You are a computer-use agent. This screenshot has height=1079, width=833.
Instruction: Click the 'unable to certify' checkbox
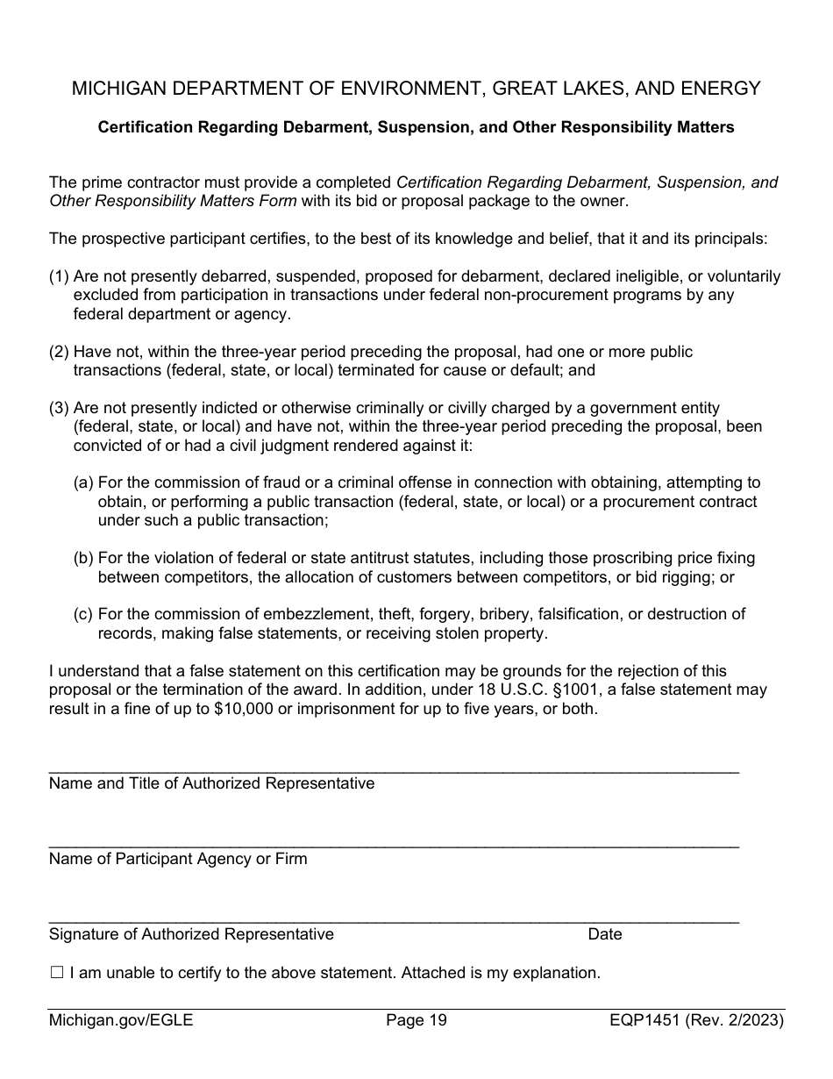coord(57,973)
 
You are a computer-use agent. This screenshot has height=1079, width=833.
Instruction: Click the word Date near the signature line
coord(605,934)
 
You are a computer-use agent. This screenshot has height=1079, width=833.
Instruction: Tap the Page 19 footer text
coord(416,1020)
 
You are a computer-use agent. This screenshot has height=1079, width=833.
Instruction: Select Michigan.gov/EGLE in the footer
coord(121,1020)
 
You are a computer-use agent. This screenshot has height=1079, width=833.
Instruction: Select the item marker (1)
coord(59,276)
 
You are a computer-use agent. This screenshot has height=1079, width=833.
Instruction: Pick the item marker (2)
coord(59,352)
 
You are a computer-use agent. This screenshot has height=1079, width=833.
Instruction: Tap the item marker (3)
coord(59,408)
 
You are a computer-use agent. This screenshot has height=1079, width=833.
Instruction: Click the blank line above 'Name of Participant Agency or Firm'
coord(394,846)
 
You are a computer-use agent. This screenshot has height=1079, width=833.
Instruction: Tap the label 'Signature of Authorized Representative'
coord(191,934)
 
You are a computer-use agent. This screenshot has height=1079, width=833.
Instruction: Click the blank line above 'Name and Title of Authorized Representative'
coord(394,770)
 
